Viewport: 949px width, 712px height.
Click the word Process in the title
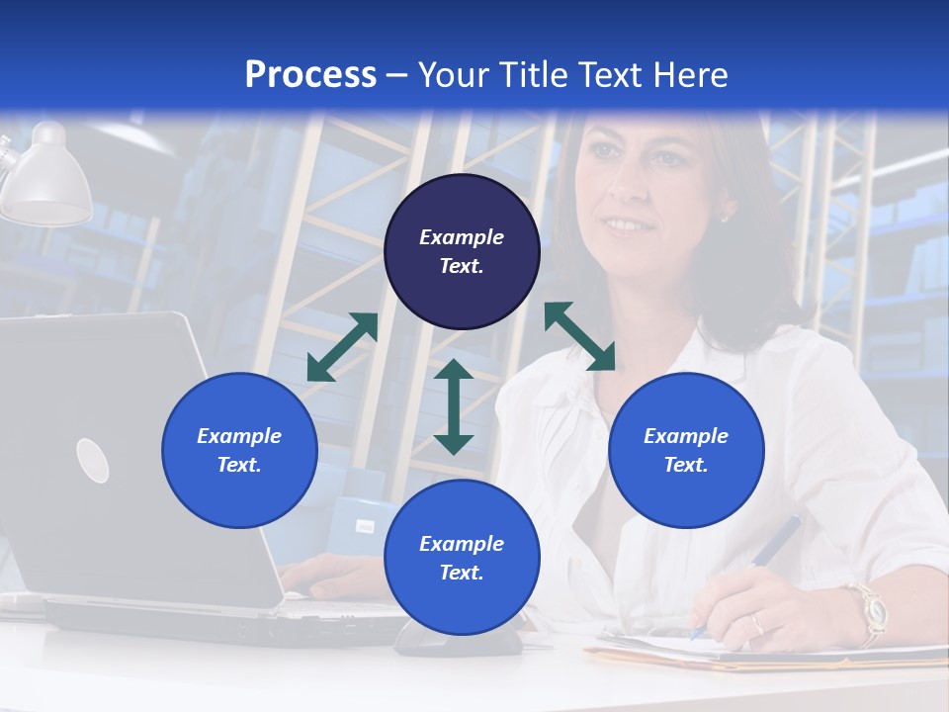[x=310, y=74]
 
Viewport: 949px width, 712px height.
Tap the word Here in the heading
[x=686, y=74]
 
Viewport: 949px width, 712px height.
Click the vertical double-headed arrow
[x=454, y=407]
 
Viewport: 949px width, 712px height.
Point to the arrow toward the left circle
[x=342, y=347]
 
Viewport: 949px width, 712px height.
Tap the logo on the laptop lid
[x=92, y=460]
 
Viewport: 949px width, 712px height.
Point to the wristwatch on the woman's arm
[x=870, y=608]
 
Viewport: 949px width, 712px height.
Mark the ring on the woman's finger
[x=757, y=624]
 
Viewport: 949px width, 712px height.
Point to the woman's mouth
[x=625, y=225]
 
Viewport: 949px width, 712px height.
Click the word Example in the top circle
[x=462, y=237]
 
